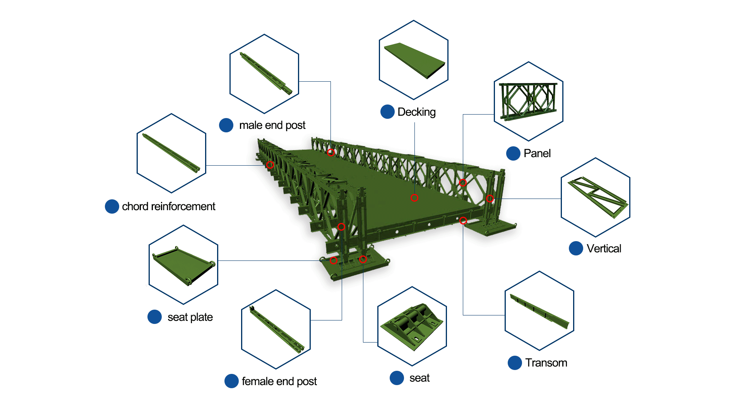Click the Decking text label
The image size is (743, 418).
pyautogui.click(x=416, y=112)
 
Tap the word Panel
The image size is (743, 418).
pyautogui.click(x=537, y=153)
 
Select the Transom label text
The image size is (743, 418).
pyautogui.click(x=546, y=363)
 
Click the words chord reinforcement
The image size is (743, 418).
pyautogui.click(x=168, y=206)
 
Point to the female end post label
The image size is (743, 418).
pyautogui.click(x=279, y=381)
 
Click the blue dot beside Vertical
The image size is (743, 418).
pyautogui.click(x=576, y=248)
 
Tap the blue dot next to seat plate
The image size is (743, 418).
pyautogui.click(x=154, y=317)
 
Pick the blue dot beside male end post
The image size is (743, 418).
pyautogui.click(x=226, y=125)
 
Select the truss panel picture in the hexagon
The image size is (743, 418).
pyautogui.click(x=528, y=100)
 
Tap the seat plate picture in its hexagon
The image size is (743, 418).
pyautogui.click(x=184, y=266)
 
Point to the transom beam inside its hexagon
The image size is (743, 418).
pyautogui.click(x=539, y=311)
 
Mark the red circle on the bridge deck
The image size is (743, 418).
pyautogui.click(x=414, y=198)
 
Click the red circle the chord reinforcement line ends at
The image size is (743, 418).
pyautogui.click(x=270, y=165)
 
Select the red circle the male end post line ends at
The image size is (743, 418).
pyautogui.click(x=331, y=152)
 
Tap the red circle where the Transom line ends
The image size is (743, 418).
pyautogui.click(x=463, y=221)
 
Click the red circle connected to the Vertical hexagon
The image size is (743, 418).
pyautogui.click(x=490, y=199)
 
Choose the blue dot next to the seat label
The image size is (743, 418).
pyautogui.click(x=397, y=378)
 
